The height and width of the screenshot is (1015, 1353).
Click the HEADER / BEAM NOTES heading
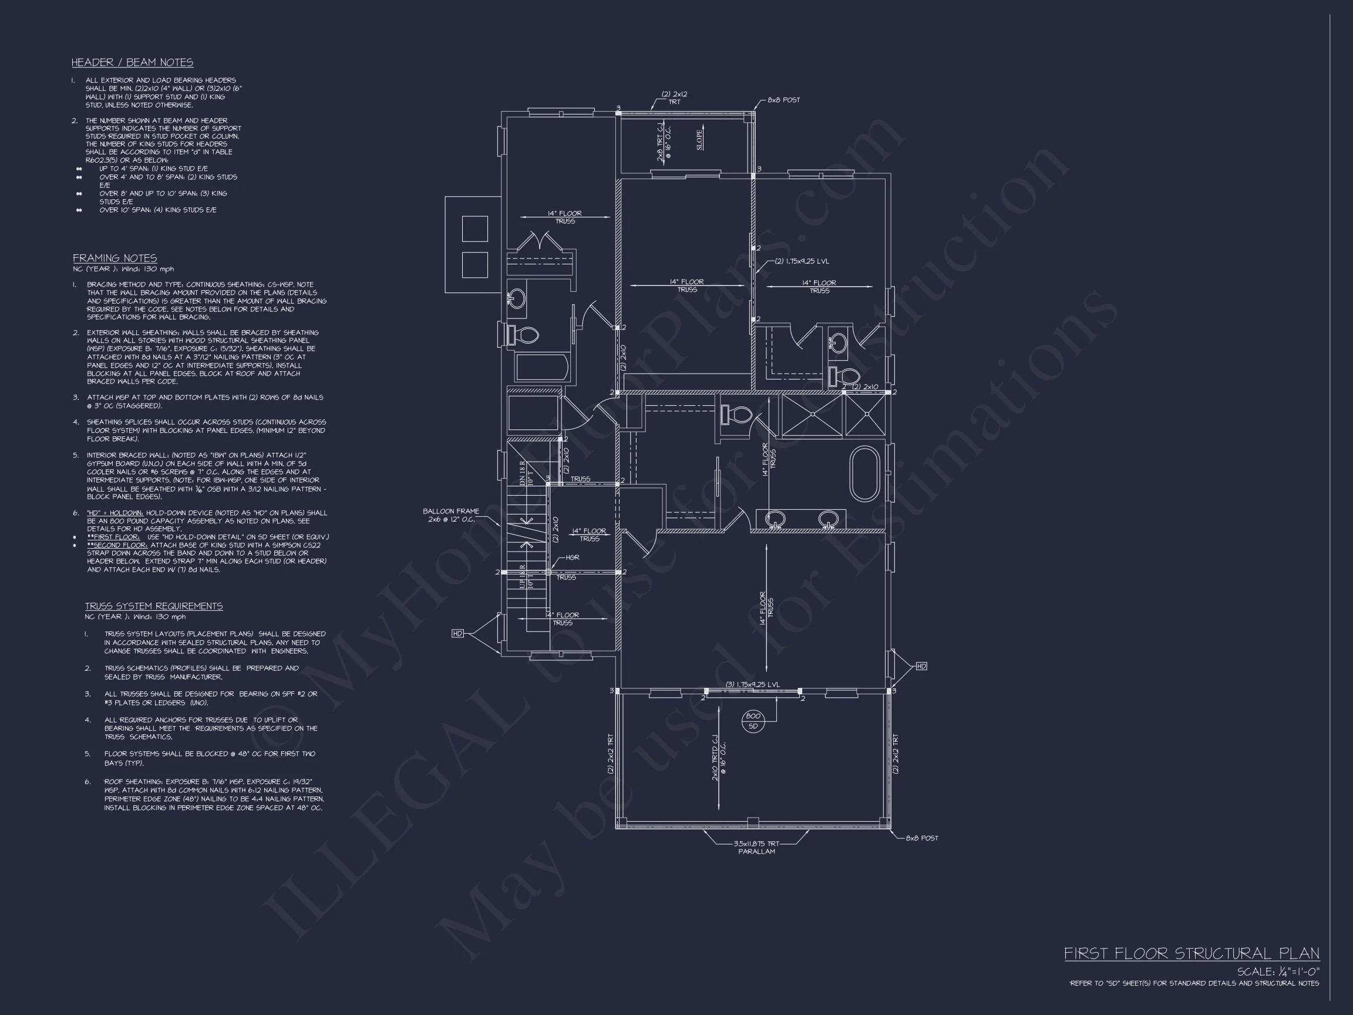tap(132, 62)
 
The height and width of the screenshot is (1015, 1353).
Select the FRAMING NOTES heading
tap(115, 258)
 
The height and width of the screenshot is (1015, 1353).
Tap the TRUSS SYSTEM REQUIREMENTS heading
tap(153, 606)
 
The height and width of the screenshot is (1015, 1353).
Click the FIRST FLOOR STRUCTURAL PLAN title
tap(1191, 953)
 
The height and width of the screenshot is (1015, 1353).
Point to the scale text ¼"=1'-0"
tap(1278, 972)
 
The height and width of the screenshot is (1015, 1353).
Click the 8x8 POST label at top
tap(783, 100)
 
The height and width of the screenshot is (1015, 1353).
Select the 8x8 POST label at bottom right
tap(921, 838)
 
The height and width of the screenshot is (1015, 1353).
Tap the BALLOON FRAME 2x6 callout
tap(451, 515)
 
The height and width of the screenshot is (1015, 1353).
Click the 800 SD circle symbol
tap(753, 721)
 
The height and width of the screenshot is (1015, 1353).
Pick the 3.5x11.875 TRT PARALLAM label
tap(756, 848)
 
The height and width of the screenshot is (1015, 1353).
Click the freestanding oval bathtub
tap(864, 473)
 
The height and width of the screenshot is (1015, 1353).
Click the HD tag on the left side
tap(457, 633)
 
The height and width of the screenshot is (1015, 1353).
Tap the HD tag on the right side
tap(921, 666)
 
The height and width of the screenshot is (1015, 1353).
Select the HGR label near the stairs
tap(572, 557)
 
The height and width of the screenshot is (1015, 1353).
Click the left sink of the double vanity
tap(776, 519)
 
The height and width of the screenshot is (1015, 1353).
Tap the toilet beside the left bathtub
tap(525, 335)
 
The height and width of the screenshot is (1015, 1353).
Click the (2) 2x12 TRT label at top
tap(674, 98)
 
